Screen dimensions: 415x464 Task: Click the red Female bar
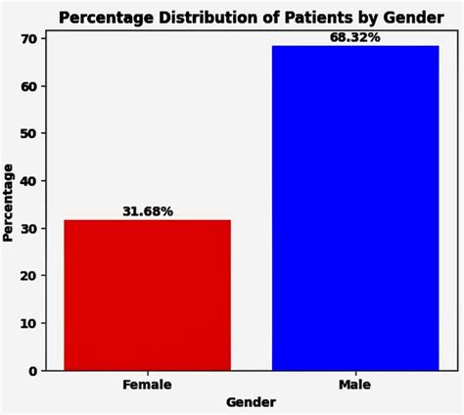[148, 295]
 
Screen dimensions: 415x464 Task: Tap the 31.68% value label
[148, 211]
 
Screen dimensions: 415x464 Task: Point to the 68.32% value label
[354, 37]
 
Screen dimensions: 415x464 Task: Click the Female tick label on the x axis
[148, 385]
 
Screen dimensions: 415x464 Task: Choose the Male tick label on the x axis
[354, 385]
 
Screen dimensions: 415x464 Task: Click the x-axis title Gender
[251, 402]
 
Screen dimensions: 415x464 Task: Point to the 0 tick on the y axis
[32, 371]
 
